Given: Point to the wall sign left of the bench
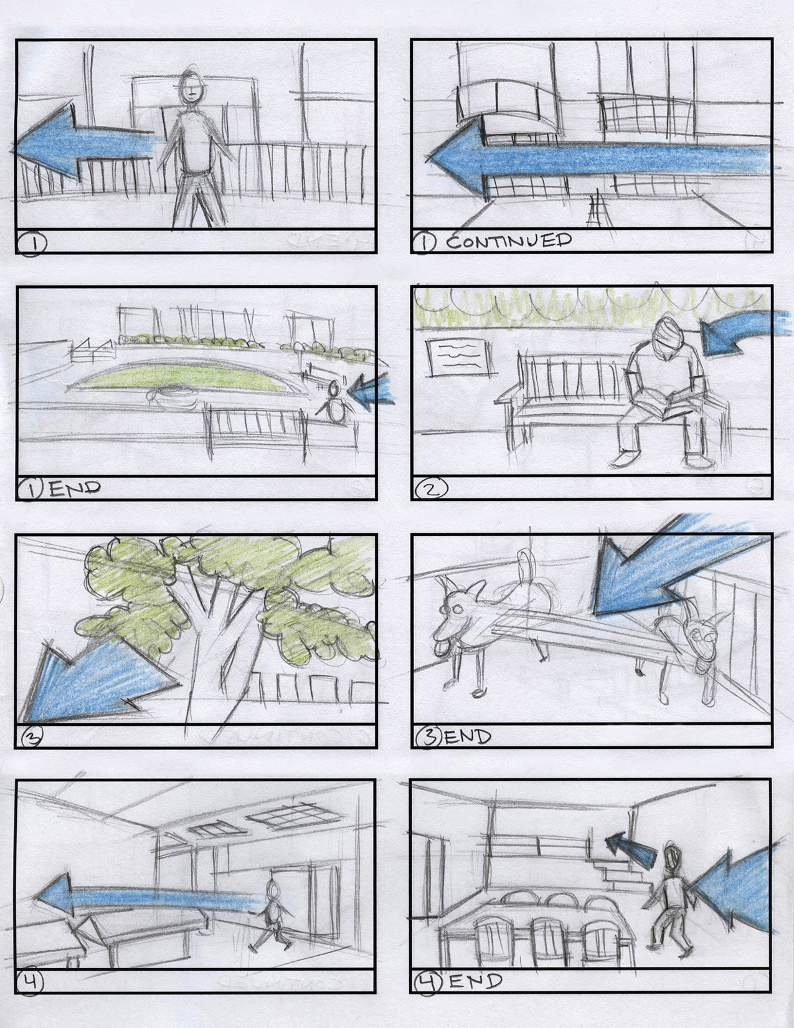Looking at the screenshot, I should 462,358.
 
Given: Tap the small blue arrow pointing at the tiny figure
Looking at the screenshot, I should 372,390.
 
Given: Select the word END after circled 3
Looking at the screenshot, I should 467,736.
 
